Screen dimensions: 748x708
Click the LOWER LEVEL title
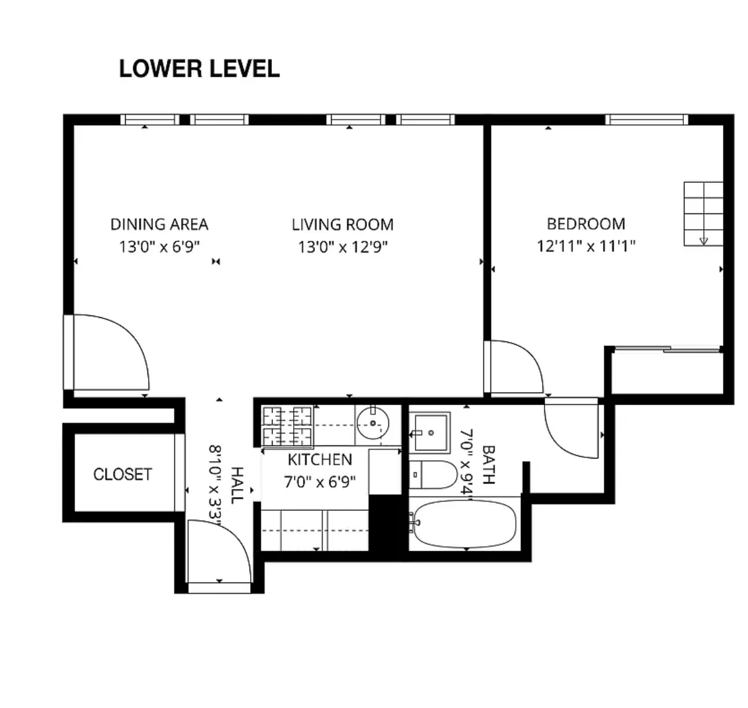(x=199, y=68)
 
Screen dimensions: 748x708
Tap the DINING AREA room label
(x=159, y=225)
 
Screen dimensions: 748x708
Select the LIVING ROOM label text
(x=342, y=225)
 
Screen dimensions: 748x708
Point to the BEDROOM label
(x=586, y=224)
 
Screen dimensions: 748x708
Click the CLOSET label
(x=123, y=475)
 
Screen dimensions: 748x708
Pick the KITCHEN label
(x=320, y=460)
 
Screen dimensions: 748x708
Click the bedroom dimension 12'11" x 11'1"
(x=586, y=246)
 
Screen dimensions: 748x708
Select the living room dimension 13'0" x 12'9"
(x=342, y=247)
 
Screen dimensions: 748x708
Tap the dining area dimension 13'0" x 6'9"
(x=159, y=247)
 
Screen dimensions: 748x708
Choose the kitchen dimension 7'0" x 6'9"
(x=320, y=482)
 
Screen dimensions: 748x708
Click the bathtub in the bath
(x=465, y=524)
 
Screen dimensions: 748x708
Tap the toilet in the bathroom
(x=433, y=475)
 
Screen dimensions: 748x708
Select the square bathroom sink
(x=430, y=432)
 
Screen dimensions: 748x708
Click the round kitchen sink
(x=373, y=423)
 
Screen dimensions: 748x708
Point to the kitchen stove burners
(x=288, y=426)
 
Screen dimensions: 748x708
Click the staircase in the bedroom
(x=703, y=214)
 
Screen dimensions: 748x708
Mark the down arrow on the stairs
(x=703, y=241)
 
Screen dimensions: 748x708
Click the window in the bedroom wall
(x=647, y=119)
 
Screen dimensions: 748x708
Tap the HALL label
(x=237, y=485)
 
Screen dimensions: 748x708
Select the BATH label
(x=488, y=465)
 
